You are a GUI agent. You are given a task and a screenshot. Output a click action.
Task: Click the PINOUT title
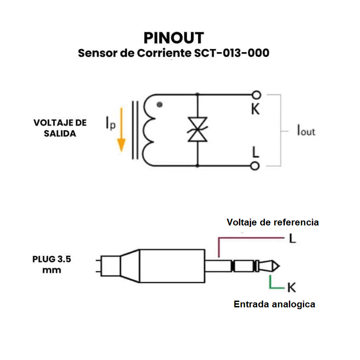[x=173, y=37]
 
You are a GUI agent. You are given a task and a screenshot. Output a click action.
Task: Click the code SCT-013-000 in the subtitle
[x=232, y=53]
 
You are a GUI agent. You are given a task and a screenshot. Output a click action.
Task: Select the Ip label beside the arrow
[x=110, y=122]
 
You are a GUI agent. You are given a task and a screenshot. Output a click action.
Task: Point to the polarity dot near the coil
[x=159, y=104]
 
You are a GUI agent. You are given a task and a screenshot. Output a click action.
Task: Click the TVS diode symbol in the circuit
[x=198, y=130]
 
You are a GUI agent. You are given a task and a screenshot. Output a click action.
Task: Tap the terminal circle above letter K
[x=256, y=95]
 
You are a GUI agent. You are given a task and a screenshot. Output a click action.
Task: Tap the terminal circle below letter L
[x=255, y=166]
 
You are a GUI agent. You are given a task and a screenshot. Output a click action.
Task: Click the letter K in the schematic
[x=255, y=109]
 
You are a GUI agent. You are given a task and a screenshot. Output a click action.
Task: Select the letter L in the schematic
[x=256, y=152]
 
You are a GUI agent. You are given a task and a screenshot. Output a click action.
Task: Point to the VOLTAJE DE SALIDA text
[x=60, y=128]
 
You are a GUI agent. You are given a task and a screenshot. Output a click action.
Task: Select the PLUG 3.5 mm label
[x=52, y=265]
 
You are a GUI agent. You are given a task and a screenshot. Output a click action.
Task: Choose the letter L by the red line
[x=292, y=239]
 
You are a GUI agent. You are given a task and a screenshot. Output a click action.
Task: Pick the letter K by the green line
[x=291, y=287]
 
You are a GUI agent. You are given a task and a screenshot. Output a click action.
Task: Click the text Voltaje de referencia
[x=273, y=222]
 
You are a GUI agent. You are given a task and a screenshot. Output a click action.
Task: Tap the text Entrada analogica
[x=274, y=304]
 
